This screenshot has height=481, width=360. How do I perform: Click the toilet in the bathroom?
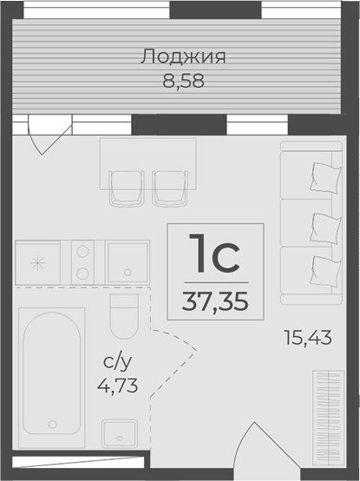point(125,316)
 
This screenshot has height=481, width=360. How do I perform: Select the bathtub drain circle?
point(53,424)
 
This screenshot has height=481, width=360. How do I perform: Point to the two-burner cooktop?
point(82,262)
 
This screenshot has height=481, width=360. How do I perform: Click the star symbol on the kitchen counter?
point(37,262)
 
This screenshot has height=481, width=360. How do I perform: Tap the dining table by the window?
point(148,155)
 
